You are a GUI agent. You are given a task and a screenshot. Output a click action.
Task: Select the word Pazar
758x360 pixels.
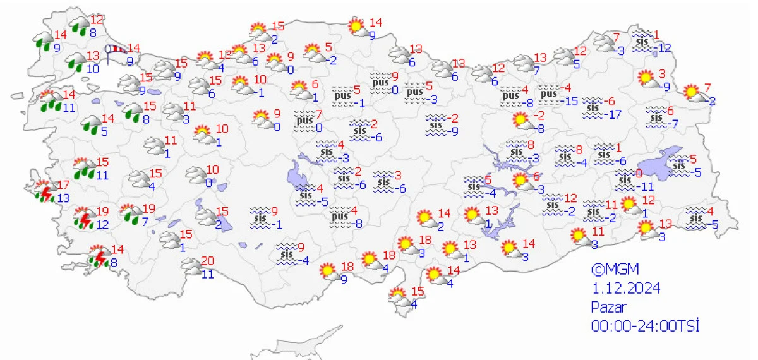pyautogui.click(x=608, y=307)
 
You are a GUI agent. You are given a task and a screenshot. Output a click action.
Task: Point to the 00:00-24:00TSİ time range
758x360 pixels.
pyautogui.click(x=645, y=326)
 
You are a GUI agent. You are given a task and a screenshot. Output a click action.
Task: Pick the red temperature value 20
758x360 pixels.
pyautogui.click(x=207, y=261)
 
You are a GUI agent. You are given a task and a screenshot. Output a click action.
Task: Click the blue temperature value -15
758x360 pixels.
pyautogui.click(x=572, y=101)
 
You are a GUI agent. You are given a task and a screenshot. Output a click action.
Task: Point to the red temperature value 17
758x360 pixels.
pyautogui.click(x=63, y=186)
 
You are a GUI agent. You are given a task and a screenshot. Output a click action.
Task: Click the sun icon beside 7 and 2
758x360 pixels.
pyautogui.click(x=695, y=93)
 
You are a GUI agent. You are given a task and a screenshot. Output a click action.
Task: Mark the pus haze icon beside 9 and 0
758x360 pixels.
pyautogui.click(x=380, y=83)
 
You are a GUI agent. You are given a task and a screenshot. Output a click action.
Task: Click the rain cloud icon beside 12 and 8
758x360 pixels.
pyautogui.click(x=80, y=25)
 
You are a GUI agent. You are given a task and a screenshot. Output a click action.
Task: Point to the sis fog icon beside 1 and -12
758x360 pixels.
pyautogui.click(x=642, y=39)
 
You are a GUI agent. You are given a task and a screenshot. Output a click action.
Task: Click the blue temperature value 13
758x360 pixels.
pyautogui.click(x=64, y=198)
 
